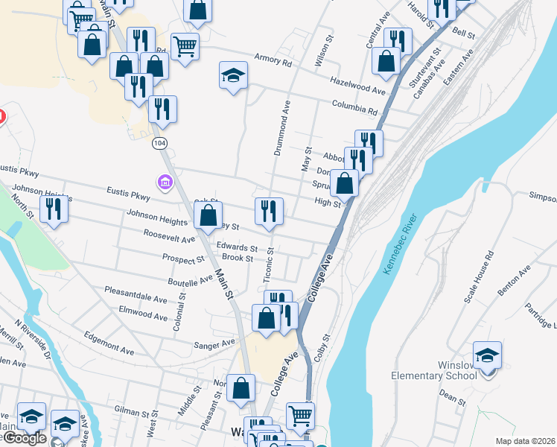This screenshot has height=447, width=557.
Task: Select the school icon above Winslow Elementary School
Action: click(x=487, y=355)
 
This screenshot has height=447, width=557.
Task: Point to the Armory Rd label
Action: click(x=273, y=60)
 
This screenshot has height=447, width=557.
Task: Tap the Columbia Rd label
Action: click(x=355, y=107)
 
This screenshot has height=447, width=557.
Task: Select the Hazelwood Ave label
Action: click(x=357, y=86)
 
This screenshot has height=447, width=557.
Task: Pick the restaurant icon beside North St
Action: click(x=54, y=208)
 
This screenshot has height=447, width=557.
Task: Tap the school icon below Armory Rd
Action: click(x=233, y=75)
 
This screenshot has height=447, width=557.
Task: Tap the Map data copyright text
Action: click(x=525, y=441)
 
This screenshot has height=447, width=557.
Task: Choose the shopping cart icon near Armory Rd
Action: click(x=185, y=47)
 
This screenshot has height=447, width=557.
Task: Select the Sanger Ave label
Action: click(x=214, y=343)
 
